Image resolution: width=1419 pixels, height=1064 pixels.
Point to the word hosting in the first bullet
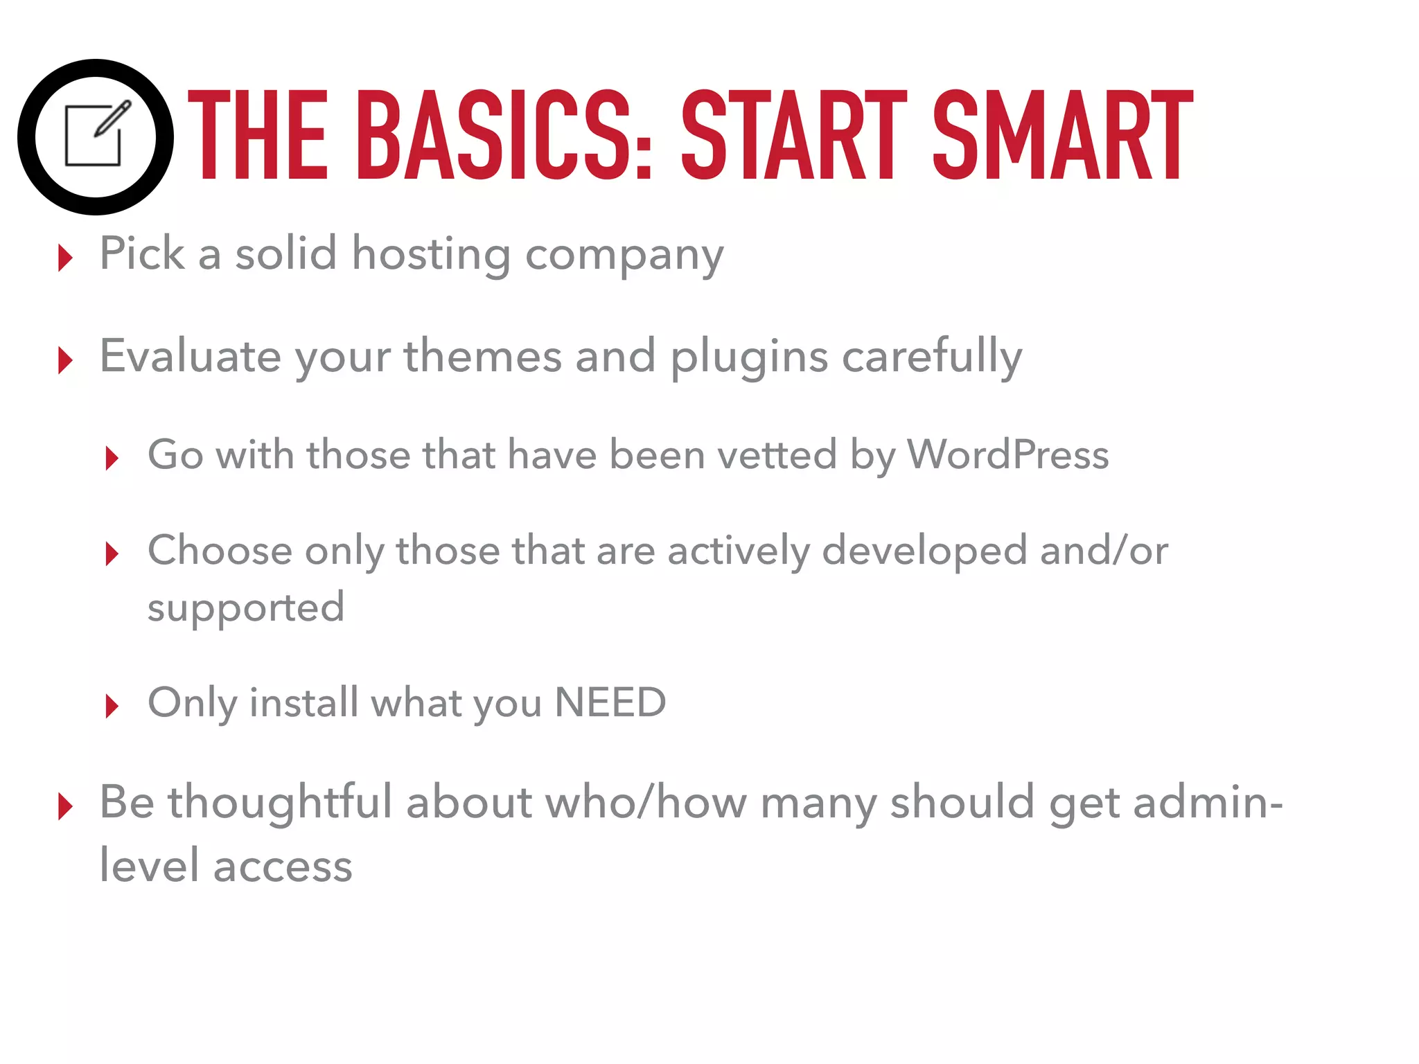(431, 254)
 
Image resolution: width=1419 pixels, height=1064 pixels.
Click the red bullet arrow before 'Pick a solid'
(66, 258)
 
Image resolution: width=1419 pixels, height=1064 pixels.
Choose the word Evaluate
(191, 356)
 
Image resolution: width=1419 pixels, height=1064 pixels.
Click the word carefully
(932, 357)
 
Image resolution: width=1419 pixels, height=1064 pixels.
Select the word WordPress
(1008, 455)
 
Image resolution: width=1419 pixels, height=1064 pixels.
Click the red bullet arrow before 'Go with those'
(112, 458)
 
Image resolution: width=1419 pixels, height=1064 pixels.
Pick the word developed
(924, 551)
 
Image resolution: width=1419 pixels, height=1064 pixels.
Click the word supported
(246, 608)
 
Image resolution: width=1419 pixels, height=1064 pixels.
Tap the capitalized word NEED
(610, 702)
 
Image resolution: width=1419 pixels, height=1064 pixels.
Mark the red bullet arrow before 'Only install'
(112, 707)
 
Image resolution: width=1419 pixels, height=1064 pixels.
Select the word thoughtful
(281, 802)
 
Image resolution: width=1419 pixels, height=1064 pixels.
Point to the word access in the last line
(283, 866)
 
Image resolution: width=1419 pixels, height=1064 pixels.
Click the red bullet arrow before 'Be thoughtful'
(66, 806)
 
